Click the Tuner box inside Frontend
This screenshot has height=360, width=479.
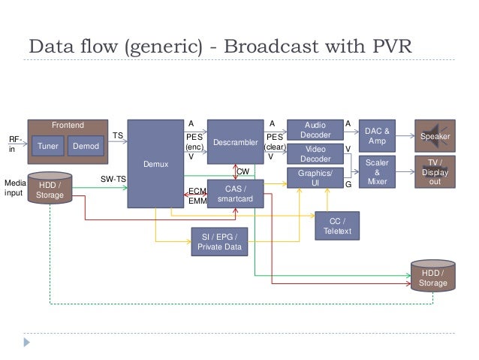[x=47, y=146]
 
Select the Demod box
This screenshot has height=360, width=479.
[x=85, y=146]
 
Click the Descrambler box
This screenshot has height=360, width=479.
[x=235, y=141]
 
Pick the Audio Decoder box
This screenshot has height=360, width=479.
[x=315, y=130]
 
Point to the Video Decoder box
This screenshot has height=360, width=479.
[x=315, y=154]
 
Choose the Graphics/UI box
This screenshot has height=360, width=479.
[x=315, y=177]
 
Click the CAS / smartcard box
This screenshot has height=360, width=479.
[x=235, y=193]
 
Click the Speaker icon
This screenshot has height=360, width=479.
[x=435, y=136]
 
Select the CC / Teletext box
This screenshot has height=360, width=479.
[x=336, y=226]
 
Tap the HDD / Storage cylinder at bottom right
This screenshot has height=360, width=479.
[x=433, y=277]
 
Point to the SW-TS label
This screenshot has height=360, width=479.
[x=113, y=179]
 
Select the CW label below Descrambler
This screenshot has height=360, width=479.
[x=243, y=172]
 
